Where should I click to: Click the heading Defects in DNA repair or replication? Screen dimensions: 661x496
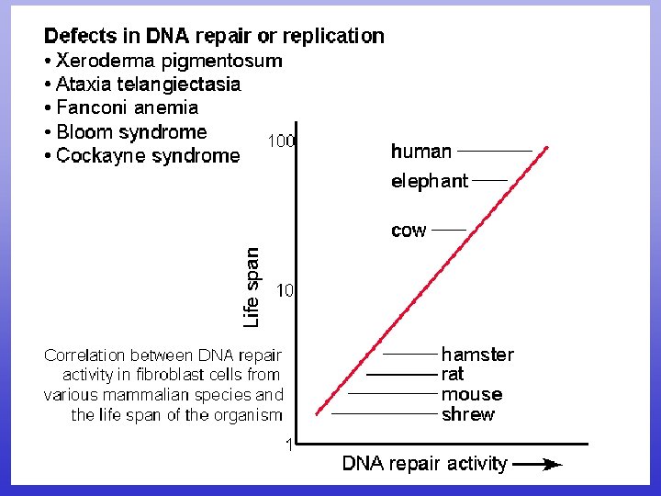pos(214,37)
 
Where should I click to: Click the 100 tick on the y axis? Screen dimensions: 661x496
pos(281,141)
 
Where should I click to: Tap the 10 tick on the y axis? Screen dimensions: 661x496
pos(285,291)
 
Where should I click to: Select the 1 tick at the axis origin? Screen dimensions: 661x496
pos(289,445)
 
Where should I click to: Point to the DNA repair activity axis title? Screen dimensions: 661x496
pos(424,464)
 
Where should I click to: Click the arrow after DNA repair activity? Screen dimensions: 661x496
pos(537,465)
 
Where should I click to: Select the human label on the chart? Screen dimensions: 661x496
pos(421,152)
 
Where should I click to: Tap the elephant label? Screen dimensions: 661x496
pos(429,181)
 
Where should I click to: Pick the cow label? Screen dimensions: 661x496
pos(409,231)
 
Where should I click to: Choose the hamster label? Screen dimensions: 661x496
pos(477,355)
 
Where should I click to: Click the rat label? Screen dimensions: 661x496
pos(453,375)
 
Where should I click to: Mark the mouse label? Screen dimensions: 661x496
pos(472,395)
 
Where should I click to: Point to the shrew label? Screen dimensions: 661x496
pos(468,414)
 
